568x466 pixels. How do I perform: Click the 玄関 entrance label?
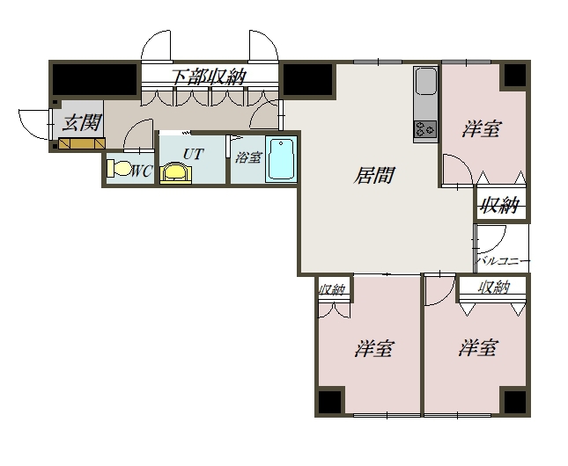coord(81,123)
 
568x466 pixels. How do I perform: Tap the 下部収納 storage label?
coord(209,76)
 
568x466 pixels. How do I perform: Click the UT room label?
coord(193,155)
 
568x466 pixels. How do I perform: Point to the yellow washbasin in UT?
coord(176,174)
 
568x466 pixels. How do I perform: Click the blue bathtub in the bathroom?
coord(281,159)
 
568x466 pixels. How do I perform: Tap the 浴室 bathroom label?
coord(248,157)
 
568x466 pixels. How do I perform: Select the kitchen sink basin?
coord(425,81)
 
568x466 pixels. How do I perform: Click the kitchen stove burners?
coord(425,129)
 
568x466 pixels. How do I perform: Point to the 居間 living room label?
coord(374,175)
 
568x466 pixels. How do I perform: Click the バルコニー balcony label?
coord(504,260)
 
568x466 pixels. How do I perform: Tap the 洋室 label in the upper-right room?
coord(482,128)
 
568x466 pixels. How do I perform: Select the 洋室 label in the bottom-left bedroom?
coord(374,348)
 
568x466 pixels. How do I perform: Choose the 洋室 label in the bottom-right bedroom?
coord(478,347)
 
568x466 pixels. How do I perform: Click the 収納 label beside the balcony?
coord(500,206)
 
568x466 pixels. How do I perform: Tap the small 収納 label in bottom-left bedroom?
coord(332,289)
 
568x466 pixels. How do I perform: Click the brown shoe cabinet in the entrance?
coord(82,143)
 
